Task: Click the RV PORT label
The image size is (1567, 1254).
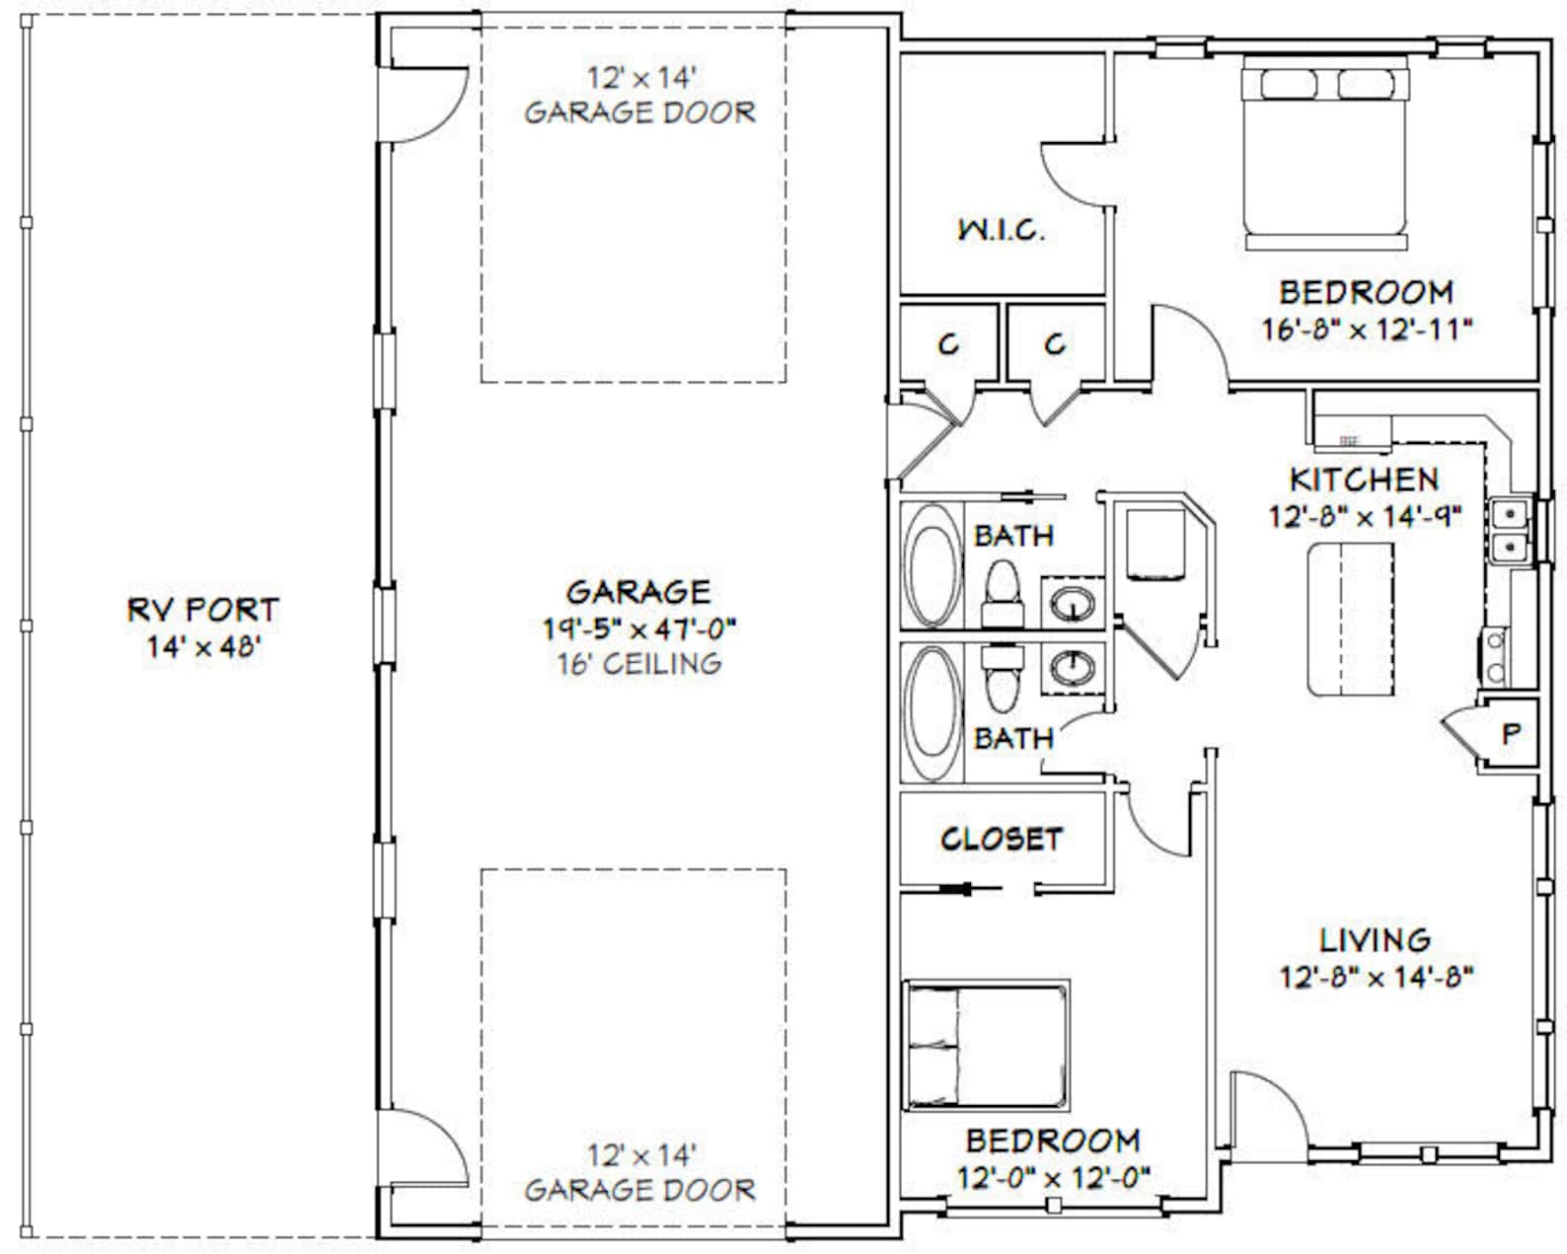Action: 203,610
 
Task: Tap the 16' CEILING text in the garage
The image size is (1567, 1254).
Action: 639,664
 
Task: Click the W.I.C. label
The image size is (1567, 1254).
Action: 1001,231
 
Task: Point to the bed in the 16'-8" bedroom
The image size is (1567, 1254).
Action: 1324,153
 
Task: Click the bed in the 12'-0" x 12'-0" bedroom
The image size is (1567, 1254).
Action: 987,1044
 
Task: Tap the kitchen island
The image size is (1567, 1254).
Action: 1350,619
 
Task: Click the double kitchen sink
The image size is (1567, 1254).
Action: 1509,530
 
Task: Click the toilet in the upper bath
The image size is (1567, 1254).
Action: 1002,592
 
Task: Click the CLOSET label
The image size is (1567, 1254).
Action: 1001,840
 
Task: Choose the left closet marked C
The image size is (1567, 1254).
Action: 948,343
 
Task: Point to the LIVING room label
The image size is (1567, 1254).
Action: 1376,940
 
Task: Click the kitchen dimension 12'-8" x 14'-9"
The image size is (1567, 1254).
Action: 1364,516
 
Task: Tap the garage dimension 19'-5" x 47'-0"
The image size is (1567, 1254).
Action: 639,627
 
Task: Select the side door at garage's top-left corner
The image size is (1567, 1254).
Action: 426,104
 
